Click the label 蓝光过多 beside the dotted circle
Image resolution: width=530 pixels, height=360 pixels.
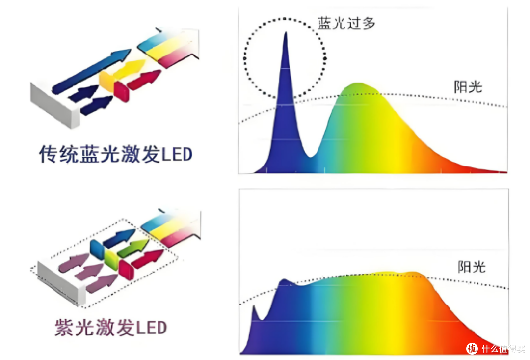(346, 23)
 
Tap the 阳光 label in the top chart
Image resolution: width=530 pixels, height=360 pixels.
(468, 87)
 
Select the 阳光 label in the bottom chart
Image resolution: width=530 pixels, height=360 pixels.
(472, 267)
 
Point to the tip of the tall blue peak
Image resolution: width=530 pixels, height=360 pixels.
(286, 32)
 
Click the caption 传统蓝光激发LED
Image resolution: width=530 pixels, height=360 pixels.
(116, 154)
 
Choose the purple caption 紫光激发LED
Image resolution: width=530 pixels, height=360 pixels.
(111, 328)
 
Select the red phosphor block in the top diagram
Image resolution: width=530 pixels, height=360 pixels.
(121, 91)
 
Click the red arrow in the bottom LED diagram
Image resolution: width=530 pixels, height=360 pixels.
(148, 259)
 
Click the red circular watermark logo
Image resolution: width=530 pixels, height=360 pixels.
(472, 348)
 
